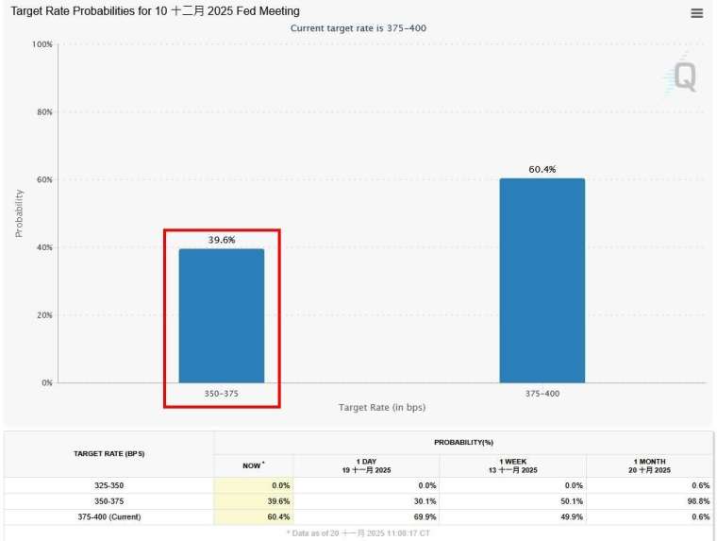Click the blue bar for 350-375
(x=222, y=315)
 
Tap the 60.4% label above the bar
(x=542, y=170)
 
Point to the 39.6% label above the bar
(x=222, y=240)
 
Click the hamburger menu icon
(x=696, y=13)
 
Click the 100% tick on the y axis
(x=42, y=44)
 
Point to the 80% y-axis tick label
(x=43, y=112)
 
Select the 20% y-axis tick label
(x=43, y=315)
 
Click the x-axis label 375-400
(x=542, y=393)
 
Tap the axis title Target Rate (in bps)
(x=382, y=407)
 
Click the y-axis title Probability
(x=19, y=212)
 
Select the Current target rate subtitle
(x=358, y=28)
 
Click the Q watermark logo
(x=682, y=76)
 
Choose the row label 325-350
(x=108, y=485)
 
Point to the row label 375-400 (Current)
(x=108, y=517)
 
